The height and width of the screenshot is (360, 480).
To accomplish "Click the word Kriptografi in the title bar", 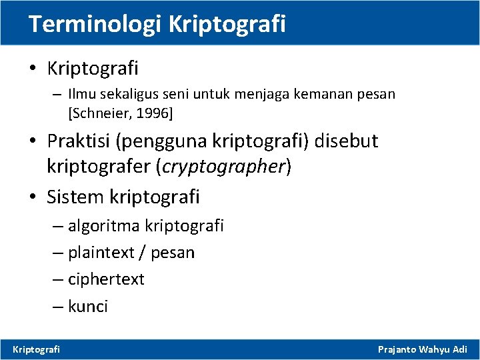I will [227, 24].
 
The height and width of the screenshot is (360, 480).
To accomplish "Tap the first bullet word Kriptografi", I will [93, 67].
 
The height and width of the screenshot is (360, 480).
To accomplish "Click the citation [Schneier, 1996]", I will [121, 113].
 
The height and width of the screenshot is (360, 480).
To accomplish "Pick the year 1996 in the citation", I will [157, 113].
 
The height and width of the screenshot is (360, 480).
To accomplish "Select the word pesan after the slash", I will [173, 253].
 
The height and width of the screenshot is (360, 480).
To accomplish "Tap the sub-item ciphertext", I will [106, 279].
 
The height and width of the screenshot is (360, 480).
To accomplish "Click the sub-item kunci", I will [88, 306].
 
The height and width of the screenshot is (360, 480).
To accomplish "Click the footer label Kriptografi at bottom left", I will [37, 349].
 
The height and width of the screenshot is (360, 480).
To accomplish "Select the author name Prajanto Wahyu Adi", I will [423, 349].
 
